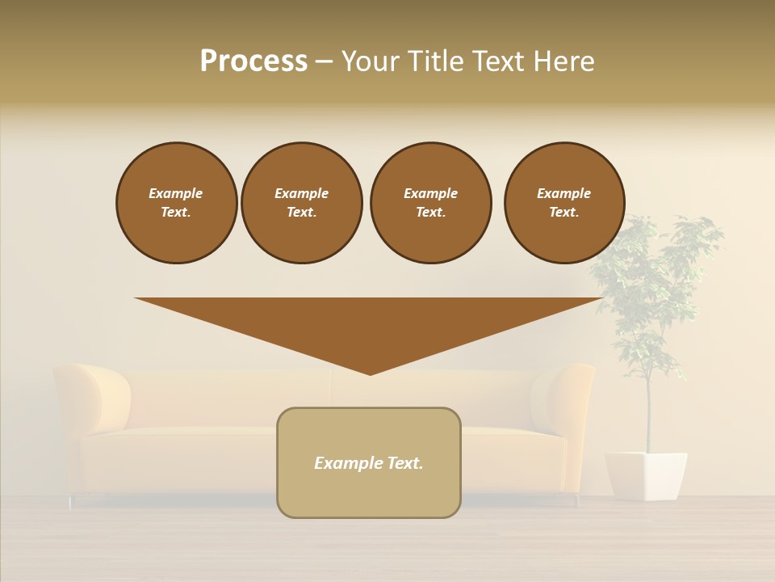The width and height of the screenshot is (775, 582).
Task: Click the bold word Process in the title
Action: click(x=253, y=61)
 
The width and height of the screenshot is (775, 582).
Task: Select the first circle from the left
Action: click(x=176, y=203)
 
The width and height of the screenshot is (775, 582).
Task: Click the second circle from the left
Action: click(x=301, y=203)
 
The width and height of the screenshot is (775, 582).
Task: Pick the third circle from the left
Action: click(x=430, y=203)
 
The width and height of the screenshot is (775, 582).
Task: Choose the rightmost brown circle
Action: click(x=563, y=203)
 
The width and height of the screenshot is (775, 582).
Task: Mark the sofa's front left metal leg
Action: click(x=71, y=502)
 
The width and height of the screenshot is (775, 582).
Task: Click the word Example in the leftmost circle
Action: click(x=176, y=193)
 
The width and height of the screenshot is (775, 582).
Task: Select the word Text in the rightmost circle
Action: click(x=563, y=213)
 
